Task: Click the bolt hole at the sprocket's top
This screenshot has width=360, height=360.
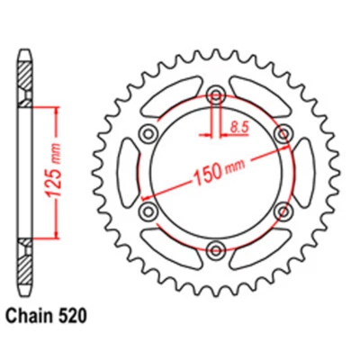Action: point(216,97)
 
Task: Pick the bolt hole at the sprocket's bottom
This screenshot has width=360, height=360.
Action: point(216,250)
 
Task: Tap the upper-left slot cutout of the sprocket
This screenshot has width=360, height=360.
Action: point(171,99)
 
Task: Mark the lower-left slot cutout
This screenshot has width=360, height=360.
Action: point(171,248)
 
